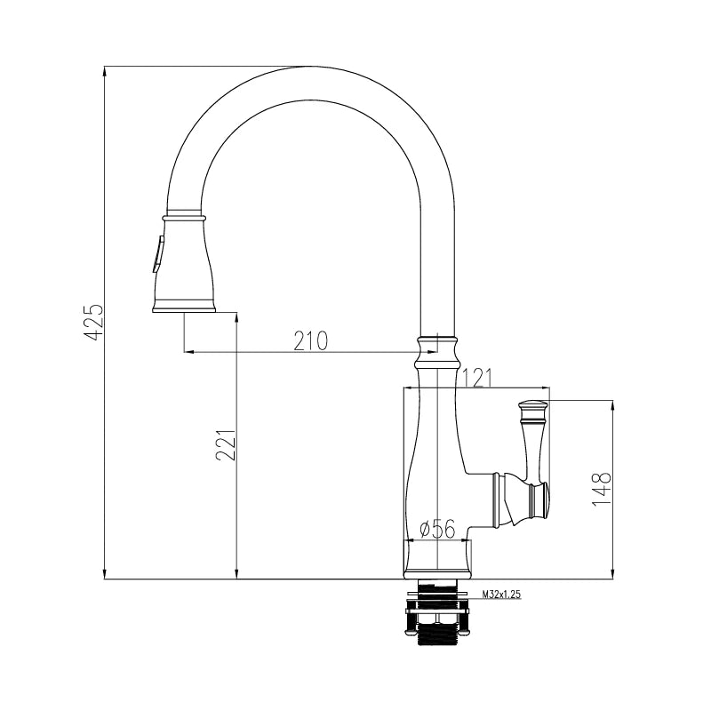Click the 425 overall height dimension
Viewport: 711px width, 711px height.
pyautogui.click(x=94, y=322)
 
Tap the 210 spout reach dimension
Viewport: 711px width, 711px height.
pyautogui.click(x=310, y=341)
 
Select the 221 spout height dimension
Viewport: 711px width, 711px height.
pyautogui.click(x=226, y=445)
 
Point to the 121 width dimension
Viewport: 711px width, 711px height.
pyautogui.click(x=476, y=379)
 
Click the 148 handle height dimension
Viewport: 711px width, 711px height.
pyautogui.click(x=602, y=489)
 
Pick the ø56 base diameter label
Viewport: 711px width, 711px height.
pyautogui.click(x=437, y=529)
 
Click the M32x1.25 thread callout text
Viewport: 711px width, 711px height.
pyautogui.click(x=501, y=594)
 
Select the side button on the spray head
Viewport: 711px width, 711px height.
pyautogui.click(x=158, y=254)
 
